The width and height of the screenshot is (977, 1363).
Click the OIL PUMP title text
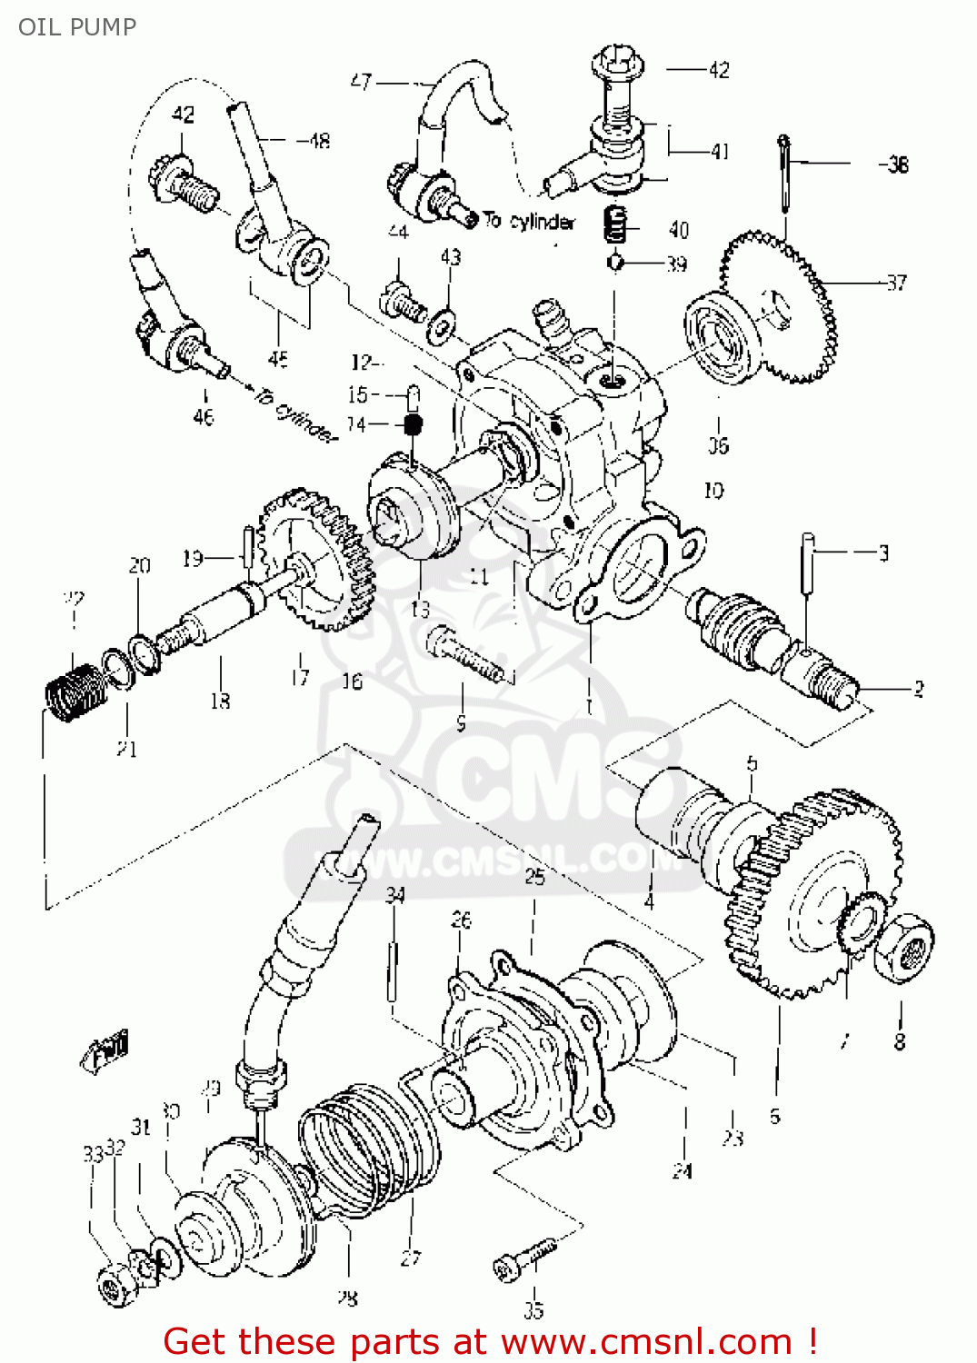(x=77, y=26)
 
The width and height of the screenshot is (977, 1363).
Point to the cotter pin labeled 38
(x=784, y=182)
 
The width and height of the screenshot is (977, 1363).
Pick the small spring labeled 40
(x=616, y=224)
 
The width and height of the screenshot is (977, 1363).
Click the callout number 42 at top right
(x=718, y=70)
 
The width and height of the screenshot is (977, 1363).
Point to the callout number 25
(x=534, y=876)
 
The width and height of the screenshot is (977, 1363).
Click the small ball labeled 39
(x=615, y=264)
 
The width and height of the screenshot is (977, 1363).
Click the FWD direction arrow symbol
(x=105, y=1052)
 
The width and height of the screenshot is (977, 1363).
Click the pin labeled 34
(x=394, y=970)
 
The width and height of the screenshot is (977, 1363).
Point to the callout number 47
(x=361, y=82)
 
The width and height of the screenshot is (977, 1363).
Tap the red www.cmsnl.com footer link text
(x=646, y=1341)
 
